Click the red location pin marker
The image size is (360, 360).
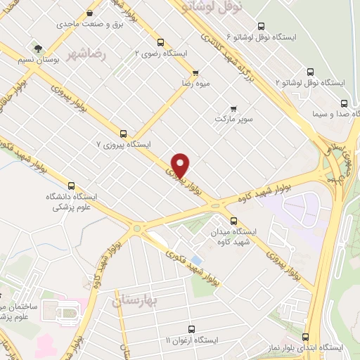181,165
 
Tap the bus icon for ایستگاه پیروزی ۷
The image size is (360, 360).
124,133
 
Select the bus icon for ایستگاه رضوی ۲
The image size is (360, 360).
161,42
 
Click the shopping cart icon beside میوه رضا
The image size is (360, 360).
195,72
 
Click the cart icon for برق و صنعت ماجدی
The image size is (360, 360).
89,13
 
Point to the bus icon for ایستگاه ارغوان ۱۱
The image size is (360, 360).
191,328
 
